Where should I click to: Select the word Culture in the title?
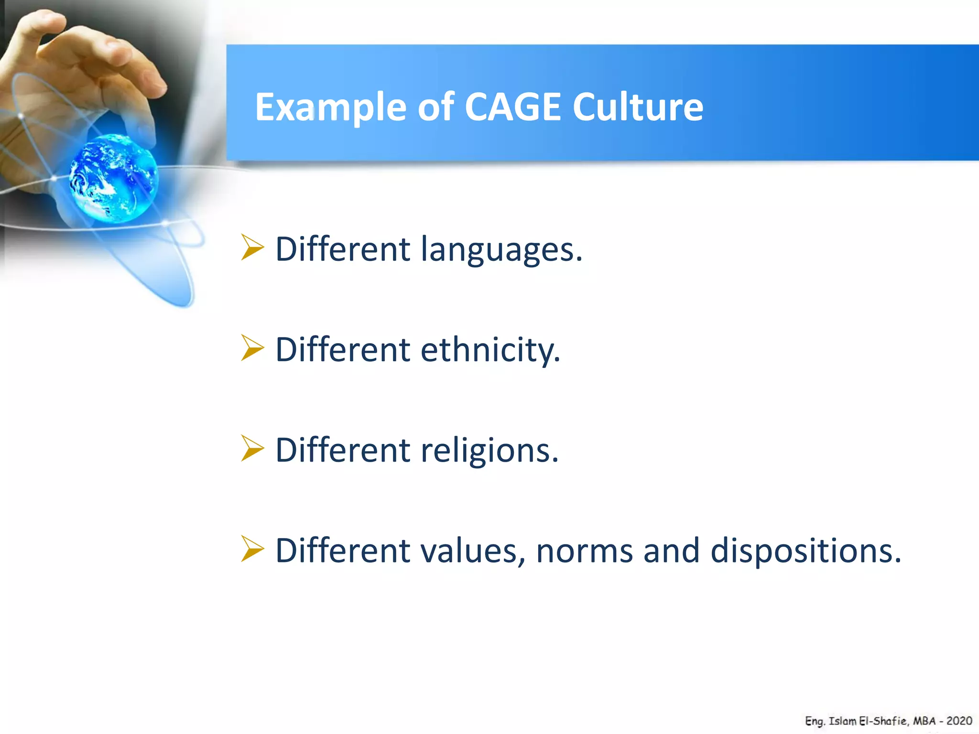(x=638, y=107)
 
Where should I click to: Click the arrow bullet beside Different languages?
(x=252, y=248)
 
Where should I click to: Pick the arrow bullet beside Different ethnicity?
(x=252, y=348)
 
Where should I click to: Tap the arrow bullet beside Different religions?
(x=252, y=448)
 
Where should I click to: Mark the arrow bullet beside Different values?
(x=252, y=549)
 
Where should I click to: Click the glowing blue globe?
(x=113, y=178)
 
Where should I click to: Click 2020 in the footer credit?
(x=959, y=721)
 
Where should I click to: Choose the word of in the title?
(x=435, y=107)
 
